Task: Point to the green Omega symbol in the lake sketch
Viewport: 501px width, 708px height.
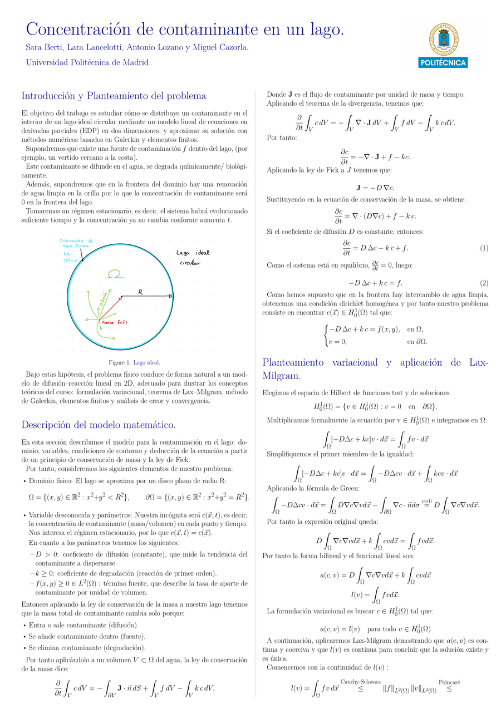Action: tap(116, 274)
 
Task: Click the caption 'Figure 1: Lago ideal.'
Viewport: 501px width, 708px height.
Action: tap(134, 362)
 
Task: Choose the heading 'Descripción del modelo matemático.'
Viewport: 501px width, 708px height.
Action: tap(99, 425)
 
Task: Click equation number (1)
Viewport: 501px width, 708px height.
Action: tap(484, 247)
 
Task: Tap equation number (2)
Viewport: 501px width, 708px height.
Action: tap(484, 283)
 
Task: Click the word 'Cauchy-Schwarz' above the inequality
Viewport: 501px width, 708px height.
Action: tap(360, 681)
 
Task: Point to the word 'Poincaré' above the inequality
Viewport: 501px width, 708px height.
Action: tap(449, 681)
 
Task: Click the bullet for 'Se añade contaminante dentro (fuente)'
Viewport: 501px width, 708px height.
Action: tap(25, 636)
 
